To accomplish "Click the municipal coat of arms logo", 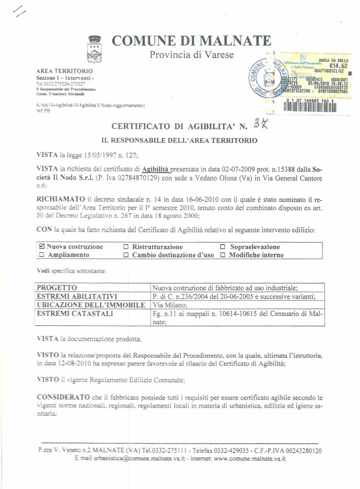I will (x=95, y=48).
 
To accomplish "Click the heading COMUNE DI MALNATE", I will (x=191, y=41).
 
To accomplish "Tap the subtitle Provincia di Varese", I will (x=192, y=54).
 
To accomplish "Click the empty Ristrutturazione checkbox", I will (x=126, y=247).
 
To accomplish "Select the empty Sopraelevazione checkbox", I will (x=223, y=247).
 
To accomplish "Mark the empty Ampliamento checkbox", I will (x=41, y=255).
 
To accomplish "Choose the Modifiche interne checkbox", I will (x=223, y=255).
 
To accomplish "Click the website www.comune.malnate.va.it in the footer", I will (x=250, y=458).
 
